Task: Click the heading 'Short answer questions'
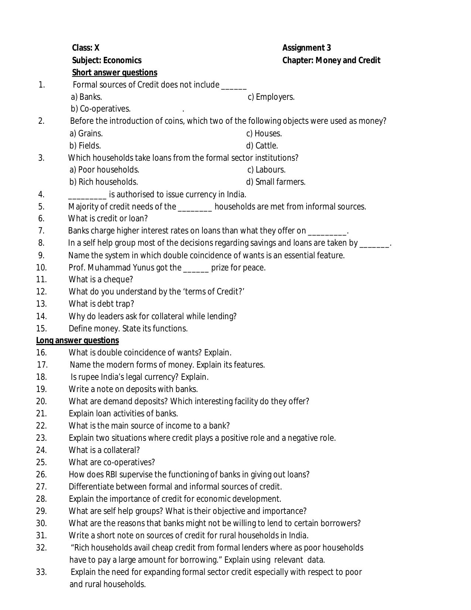click(115, 72)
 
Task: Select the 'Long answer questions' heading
click(77, 340)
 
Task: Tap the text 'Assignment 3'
click(307, 48)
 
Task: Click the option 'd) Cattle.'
click(262, 146)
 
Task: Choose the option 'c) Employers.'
click(271, 97)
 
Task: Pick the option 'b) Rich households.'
click(104, 182)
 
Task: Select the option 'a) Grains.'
click(86, 133)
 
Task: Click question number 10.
click(41, 267)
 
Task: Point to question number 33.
click(41, 572)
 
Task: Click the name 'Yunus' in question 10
click(143, 267)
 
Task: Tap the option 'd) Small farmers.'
click(276, 182)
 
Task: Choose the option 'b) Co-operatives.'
click(100, 109)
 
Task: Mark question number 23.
click(41, 438)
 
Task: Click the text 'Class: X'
click(86, 48)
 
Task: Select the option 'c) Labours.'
click(266, 170)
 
